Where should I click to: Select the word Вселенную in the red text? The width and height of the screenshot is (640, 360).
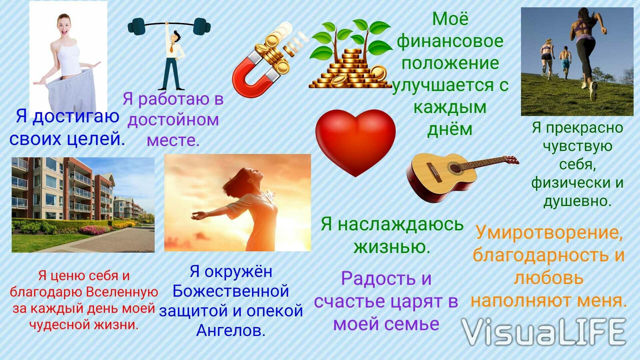(x=122, y=292)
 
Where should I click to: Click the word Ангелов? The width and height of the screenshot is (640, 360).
(x=231, y=330)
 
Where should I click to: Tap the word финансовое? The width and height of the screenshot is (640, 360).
(x=450, y=41)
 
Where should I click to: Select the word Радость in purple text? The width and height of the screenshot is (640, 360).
(x=379, y=278)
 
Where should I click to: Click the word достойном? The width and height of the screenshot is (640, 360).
(x=173, y=119)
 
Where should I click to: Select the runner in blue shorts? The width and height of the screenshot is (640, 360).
(x=564, y=62)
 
